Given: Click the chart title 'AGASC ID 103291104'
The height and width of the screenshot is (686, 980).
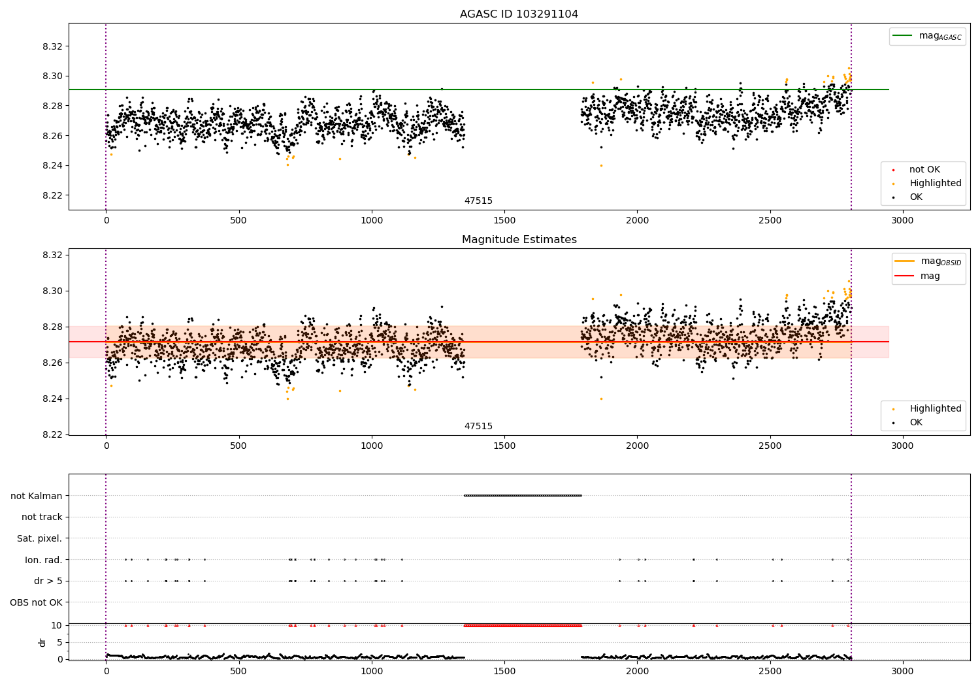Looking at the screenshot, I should pyautogui.click(x=519, y=14).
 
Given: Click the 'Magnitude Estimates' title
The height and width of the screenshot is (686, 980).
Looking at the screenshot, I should pyautogui.click(x=519, y=240).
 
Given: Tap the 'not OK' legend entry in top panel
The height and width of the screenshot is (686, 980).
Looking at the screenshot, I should pyautogui.click(x=924, y=170).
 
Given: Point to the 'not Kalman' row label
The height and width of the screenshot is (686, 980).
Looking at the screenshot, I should pyautogui.click(x=36, y=496).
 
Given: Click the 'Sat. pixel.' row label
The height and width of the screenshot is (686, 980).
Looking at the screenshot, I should pyautogui.click(x=39, y=538).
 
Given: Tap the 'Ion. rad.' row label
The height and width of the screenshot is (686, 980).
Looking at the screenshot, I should pyautogui.click(x=43, y=560).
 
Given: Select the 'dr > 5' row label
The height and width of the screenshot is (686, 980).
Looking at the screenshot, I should pyautogui.click(x=48, y=581).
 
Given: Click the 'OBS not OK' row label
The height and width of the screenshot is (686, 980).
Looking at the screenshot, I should pyautogui.click(x=36, y=602).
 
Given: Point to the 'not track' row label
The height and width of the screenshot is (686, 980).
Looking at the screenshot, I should pyautogui.click(x=42, y=517).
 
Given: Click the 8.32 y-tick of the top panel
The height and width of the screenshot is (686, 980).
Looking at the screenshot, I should pyautogui.click(x=52, y=46).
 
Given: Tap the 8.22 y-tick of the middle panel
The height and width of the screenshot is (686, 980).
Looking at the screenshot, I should pyautogui.click(x=52, y=434).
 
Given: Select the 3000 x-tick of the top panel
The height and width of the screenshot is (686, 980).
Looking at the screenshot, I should pyautogui.click(x=902, y=221).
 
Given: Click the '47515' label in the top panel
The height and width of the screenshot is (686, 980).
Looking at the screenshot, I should pyautogui.click(x=478, y=201).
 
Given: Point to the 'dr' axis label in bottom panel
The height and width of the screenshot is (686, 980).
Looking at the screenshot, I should pyautogui.click(x=42, y=642).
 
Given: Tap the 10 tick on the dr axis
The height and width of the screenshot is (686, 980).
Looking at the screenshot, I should pyautogui.click(x=56, y=625).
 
